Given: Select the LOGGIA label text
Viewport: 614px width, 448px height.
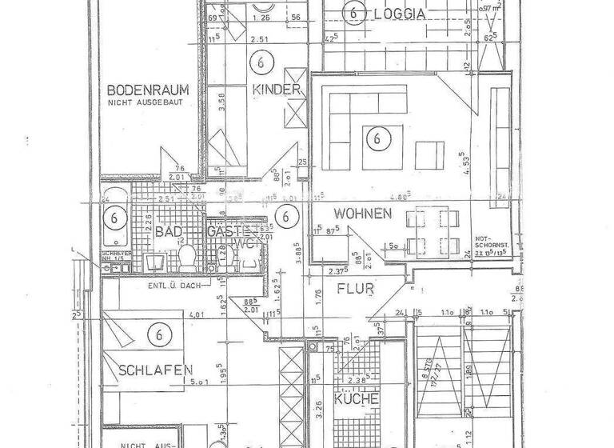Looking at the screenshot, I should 398,12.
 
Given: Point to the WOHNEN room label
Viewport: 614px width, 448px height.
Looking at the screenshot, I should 362,214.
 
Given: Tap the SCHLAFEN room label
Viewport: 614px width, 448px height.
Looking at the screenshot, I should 155,370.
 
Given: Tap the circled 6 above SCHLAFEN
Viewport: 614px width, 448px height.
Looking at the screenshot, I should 162,334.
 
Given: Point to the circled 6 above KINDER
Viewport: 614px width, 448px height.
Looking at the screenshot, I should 261,61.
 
